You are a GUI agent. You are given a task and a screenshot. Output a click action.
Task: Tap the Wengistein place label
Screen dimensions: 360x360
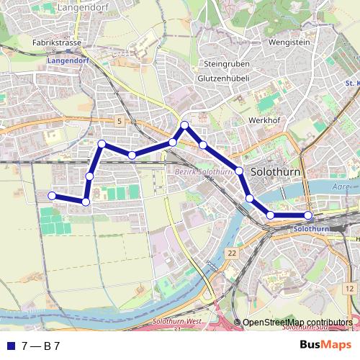click(268, 42)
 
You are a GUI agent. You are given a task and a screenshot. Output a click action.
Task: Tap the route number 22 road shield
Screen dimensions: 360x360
click(230, 253)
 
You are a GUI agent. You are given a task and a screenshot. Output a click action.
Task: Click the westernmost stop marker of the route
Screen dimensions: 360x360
click(52, 196)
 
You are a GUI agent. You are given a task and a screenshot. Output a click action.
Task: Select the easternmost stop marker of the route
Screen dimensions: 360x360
click(308, 215)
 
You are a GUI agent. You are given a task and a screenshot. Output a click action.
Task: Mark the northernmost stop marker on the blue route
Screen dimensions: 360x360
click(185, 125)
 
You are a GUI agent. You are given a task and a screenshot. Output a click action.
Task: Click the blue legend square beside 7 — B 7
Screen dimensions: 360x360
click(9, 346)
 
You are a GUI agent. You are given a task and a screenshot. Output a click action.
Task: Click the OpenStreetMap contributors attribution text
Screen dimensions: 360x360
click(297, 323)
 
